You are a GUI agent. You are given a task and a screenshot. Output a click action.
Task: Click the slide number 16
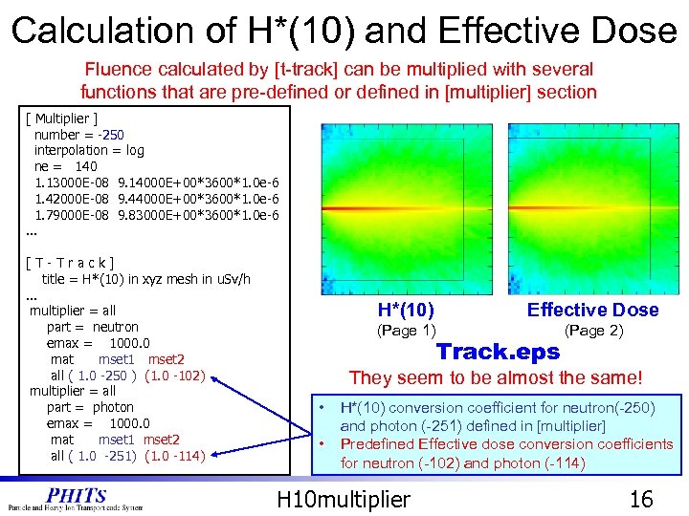pos(639,498)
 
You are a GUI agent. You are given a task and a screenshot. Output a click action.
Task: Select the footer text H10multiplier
pos(343,498)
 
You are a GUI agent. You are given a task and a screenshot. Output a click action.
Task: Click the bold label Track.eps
pos(498,352)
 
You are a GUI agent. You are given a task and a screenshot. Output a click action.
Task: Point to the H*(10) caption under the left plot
pos(406,310)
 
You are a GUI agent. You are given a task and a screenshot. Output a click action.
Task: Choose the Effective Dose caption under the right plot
pos(592,310)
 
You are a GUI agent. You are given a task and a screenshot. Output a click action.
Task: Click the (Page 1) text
pos(406,331)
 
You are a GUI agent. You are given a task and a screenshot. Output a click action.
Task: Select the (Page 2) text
pos(593,331)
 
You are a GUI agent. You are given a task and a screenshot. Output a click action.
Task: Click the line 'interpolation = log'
pos(89,150)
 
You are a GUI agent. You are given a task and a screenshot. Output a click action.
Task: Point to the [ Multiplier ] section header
pos(62,118)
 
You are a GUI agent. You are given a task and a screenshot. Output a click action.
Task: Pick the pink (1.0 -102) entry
pos(175,376)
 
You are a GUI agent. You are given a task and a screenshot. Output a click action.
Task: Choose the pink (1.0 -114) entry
pos(175,456)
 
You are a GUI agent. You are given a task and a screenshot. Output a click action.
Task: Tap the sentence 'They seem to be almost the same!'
pos(496,378)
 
